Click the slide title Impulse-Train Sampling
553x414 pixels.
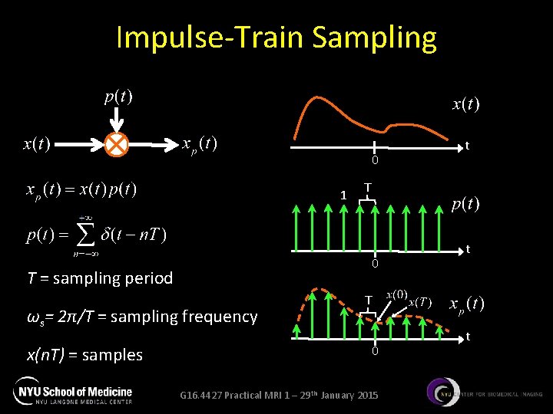click(276, 37)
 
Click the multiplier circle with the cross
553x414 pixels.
click(118, 143)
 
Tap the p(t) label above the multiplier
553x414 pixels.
click(118, 97)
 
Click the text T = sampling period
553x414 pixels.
click(100, 278)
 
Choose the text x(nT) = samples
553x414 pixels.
click(84, 354)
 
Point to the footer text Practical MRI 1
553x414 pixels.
click(278, 395)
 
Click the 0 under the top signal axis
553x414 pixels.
click(375, 160)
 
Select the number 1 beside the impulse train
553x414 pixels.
click(343, 195)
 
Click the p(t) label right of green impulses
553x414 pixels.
click(465, 203)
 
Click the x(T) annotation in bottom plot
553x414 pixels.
click(421, 301)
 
